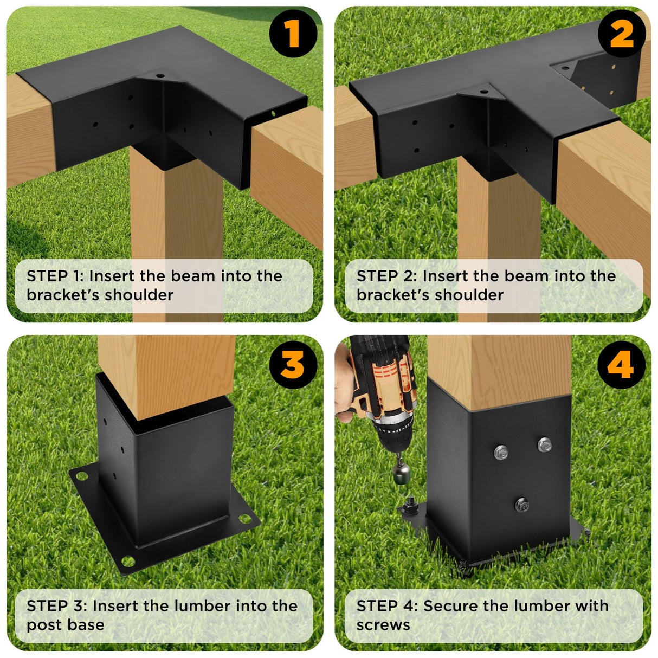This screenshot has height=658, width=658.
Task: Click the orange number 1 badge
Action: click(x=293, y=34)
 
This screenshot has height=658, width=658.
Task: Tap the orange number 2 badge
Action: click(x=621, y=34)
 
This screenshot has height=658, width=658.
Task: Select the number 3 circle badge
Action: click(x=293, y=365)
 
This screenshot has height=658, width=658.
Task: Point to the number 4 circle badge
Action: click(x=621, y=365)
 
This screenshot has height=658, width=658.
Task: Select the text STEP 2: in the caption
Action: click(x=386, y=276)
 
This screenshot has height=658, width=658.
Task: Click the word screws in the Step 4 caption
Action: click(x=383, y=625)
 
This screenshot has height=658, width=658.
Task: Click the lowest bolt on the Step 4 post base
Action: click(x=522, y=505)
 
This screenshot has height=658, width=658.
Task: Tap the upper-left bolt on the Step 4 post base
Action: click(x=501, y=451)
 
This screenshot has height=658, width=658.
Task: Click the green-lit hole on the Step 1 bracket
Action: click(x=273, y=114)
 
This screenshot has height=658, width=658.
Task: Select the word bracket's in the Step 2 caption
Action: click(x=389, y=295)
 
